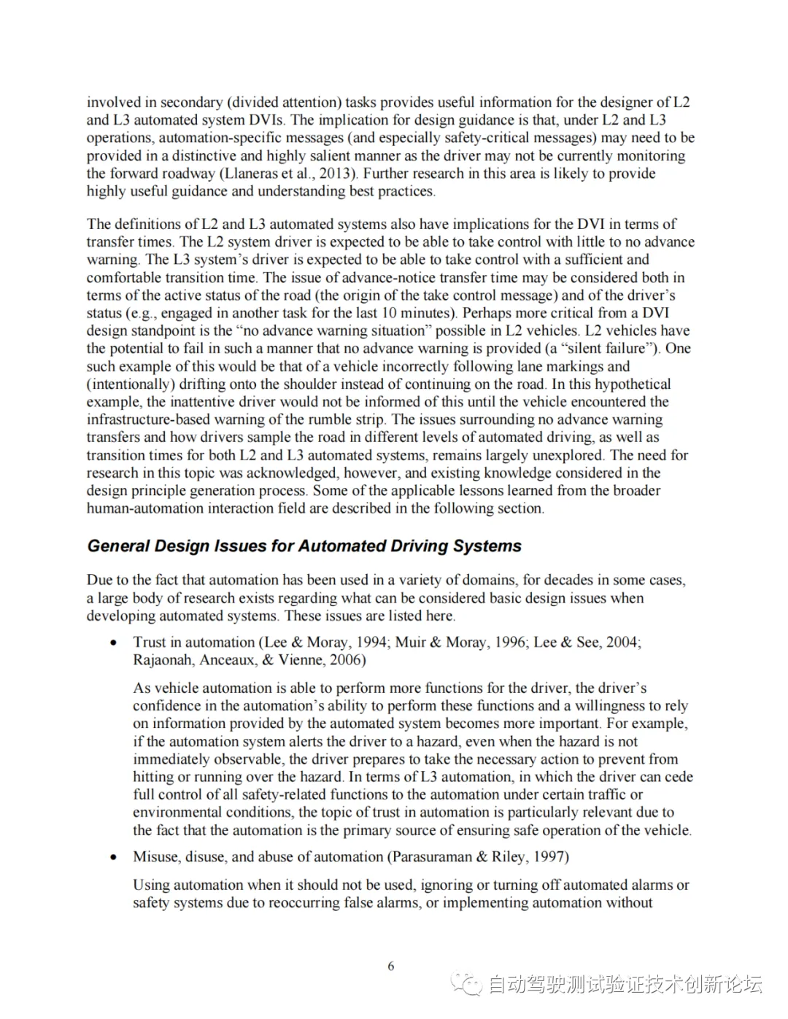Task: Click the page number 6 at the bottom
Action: pyautogui.click(x=391, y=966)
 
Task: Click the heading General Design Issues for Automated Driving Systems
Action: pyautogui.click(x=304, y=546)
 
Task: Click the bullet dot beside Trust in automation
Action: pyautogui.click(x=113, y=643)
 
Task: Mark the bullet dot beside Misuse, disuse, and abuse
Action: pyautogui.click(x=113, y=857)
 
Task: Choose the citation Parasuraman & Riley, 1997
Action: pyautogui.click(x=478, y=856)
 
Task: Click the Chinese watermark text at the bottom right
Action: pyautogui.click(x=625, y=984)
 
